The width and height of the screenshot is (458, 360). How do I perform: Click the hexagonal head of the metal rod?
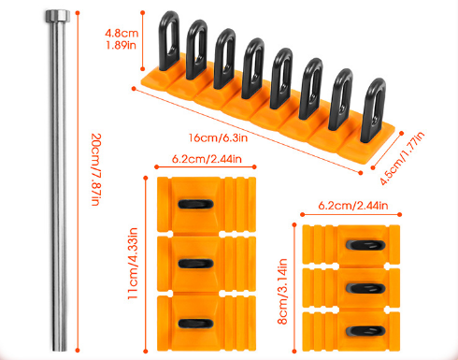point(58,16)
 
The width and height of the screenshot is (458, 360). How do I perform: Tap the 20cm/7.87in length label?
point(96,169)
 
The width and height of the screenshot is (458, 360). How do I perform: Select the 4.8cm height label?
point(122,33)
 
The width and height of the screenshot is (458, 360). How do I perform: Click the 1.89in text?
point(121,45)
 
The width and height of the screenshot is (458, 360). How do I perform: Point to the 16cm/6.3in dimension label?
point(218,137)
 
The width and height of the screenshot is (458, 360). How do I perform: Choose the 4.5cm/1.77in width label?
point(402,158)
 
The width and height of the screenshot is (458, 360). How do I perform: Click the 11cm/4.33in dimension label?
point(133,264)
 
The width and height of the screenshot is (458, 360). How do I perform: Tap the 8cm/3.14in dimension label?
point(282,292)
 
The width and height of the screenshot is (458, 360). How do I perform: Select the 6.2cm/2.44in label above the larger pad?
point(207,159)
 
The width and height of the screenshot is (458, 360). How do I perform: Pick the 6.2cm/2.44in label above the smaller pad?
point(353,206)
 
